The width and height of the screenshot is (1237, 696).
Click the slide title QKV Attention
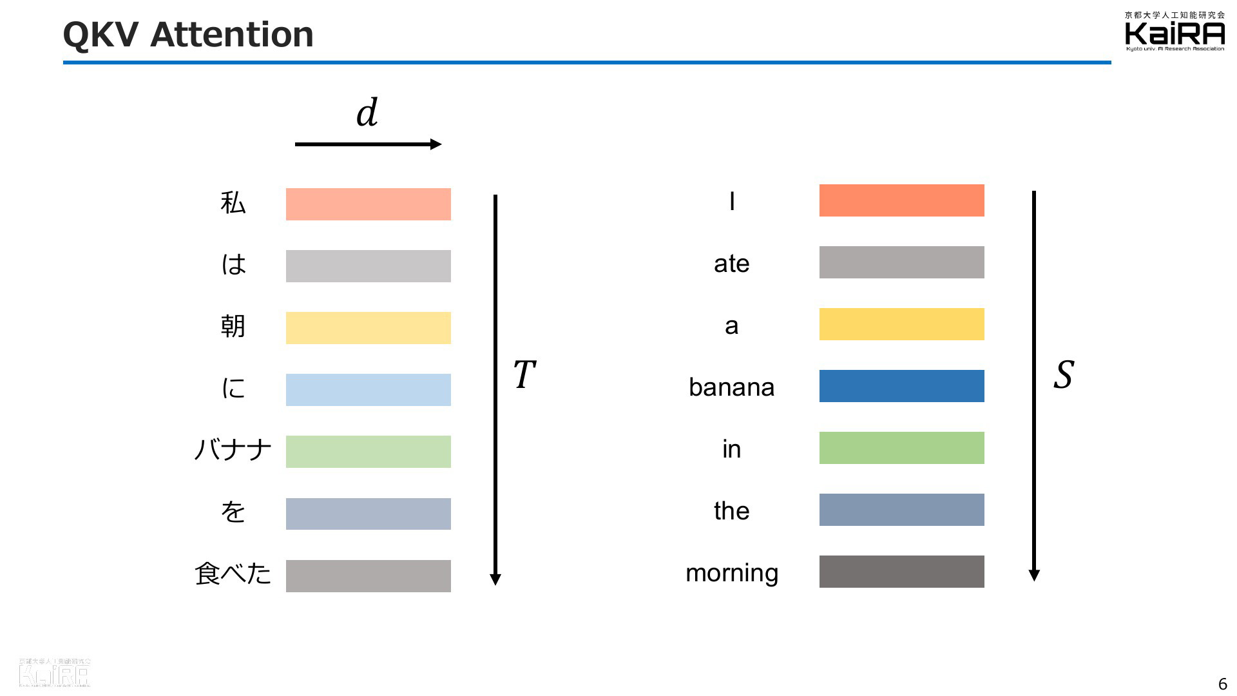[188, 35]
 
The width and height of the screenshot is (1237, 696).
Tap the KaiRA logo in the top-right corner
[1175, 31]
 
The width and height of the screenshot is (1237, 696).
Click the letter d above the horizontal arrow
[367, 112]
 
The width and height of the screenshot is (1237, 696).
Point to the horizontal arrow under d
[368, 144]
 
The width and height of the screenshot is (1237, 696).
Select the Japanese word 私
[233, 202]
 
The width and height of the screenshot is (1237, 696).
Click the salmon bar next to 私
[369, 204]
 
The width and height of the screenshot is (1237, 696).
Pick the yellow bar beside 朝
[369, 328]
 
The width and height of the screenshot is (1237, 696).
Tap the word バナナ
[233, 449]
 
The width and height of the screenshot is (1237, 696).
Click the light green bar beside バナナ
[369, 452]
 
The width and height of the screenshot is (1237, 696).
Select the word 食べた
[233, 573]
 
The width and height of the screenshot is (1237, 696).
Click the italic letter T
[524, 374]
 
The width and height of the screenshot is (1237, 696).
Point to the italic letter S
[1064, 374]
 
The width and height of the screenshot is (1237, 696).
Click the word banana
[731, 387]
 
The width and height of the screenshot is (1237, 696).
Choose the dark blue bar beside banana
[902, 386]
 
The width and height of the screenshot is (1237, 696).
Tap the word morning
[732, 573]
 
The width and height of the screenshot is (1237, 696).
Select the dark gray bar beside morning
[902, 572]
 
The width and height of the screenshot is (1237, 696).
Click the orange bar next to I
[902, 200]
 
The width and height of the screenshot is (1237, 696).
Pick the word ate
[731, 264]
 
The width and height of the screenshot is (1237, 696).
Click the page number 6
[1222, 684]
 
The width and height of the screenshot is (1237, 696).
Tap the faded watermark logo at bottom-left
[55, 672]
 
